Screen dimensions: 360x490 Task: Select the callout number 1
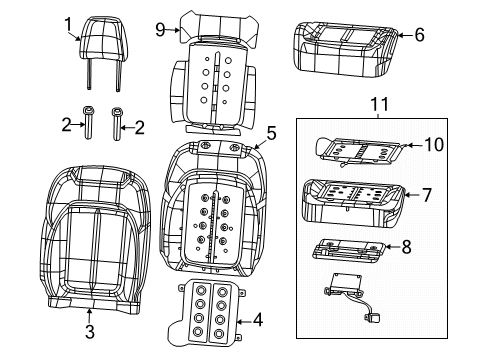pos(68,23)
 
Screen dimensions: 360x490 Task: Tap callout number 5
pos(271,131)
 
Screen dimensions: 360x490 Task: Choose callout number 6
pos(420,35)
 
